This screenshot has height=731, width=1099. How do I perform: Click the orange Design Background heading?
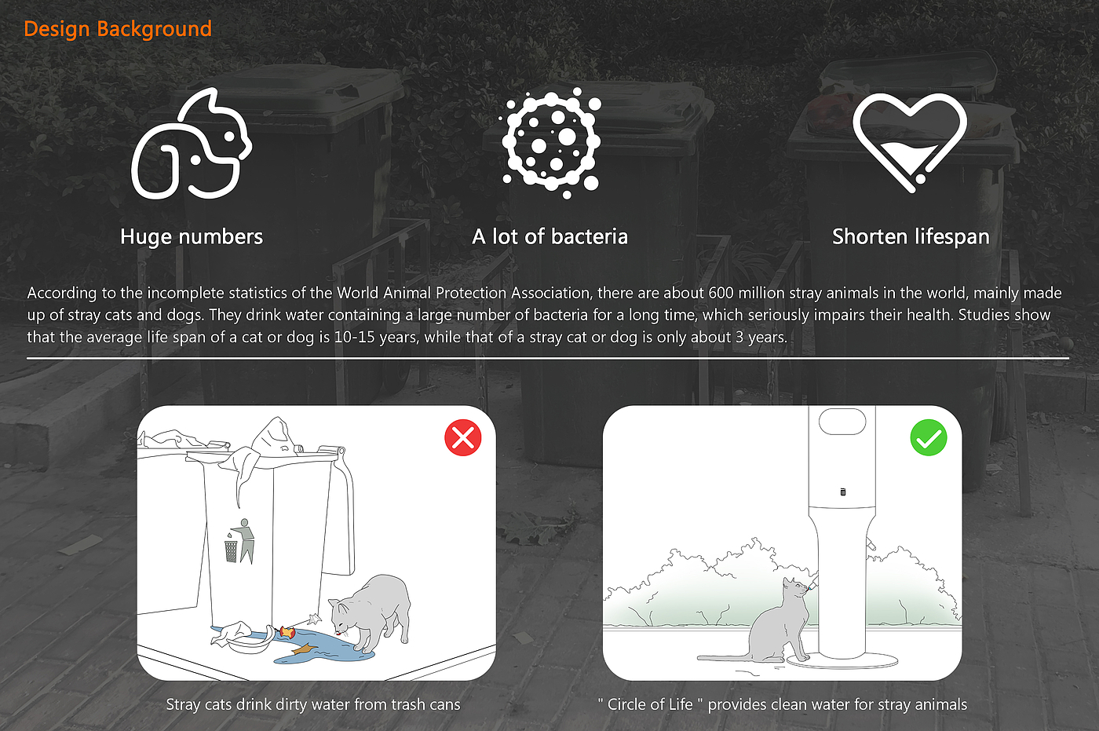(x=118, y=28)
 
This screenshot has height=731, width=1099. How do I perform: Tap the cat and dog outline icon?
(x=192, y=143)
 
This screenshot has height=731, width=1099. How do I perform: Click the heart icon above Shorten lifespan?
(x=910, y=142)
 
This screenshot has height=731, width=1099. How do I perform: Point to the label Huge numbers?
(x=192, y=236)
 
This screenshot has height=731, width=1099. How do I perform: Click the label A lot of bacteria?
(x=550, y=236)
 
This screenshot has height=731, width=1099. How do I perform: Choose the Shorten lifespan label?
(x=911, y=237)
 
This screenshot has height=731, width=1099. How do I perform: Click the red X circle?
(x=462, y=437)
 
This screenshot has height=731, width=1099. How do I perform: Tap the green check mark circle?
(x=929, y=437)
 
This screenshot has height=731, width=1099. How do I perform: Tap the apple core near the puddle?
(x=287, y=632)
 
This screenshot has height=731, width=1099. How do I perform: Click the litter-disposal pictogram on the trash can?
(x=240, y=541)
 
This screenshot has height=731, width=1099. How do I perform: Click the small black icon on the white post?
(x=843, y=492)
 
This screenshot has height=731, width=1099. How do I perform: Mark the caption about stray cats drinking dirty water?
(x=313, y=704)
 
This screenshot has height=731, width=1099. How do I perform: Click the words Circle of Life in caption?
(x=650, y=704)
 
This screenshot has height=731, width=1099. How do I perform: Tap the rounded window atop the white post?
(x=842, y=421)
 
